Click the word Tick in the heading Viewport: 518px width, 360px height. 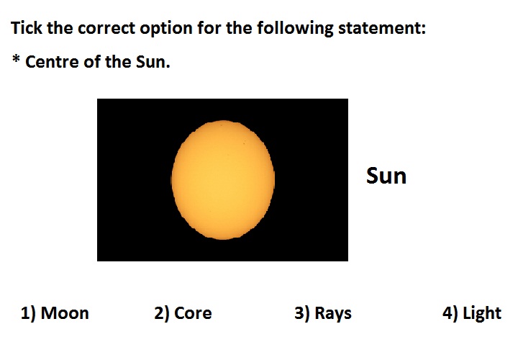[27, 27]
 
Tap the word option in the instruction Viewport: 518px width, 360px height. [166, 29]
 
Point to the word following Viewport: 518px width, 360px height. [296, 29]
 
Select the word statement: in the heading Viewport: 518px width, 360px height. [382, 28]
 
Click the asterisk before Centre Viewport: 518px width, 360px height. [16, 59]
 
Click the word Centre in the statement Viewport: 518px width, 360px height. [53, 62]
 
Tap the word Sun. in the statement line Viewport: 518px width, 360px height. [153, 62]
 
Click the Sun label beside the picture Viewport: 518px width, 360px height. [386, 176]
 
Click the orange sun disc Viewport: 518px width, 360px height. [223, 180]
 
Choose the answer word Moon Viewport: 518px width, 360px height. [65, 313]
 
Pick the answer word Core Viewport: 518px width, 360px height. [193, 313]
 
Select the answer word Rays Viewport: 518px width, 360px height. [333, 314]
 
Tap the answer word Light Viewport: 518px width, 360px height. [482, 314]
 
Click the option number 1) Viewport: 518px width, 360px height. [28, 313]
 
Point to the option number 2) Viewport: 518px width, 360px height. [162, 313]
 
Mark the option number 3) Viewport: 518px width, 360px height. [302, 313]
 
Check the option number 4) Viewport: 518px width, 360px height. [450, 313]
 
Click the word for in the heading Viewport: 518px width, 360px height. [209, 28]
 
